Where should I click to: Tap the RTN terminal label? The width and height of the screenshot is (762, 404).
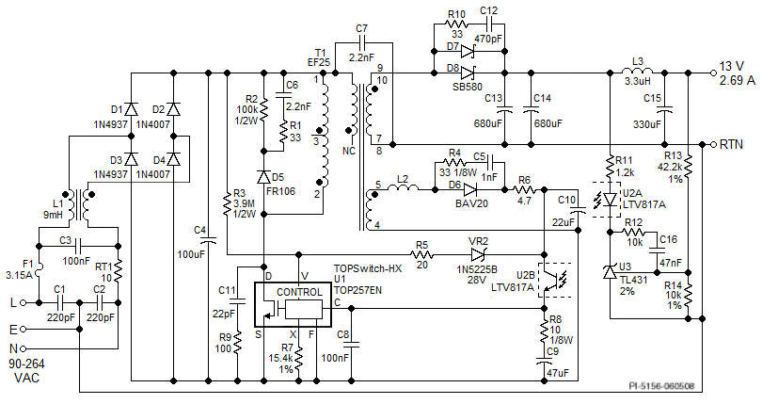(735, 144)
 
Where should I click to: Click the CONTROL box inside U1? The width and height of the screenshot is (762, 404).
(298, 292)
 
